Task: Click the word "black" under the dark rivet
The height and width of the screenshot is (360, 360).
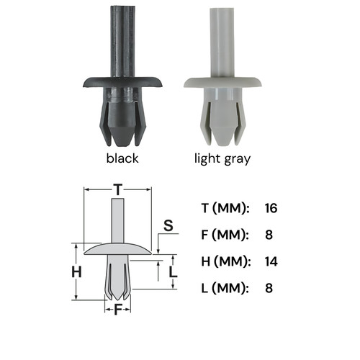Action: point(122,158)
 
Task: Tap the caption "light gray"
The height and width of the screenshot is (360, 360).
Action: point(222,159)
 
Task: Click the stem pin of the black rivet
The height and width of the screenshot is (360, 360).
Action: point(122,41)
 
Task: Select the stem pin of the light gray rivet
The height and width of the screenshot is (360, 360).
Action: point(222,43)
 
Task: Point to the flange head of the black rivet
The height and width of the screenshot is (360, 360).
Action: point(122,82)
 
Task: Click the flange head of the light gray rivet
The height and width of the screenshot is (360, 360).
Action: point(222,83)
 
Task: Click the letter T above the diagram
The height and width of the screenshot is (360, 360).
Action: point(118,190)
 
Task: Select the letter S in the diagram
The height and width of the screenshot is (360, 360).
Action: point(168,225)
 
